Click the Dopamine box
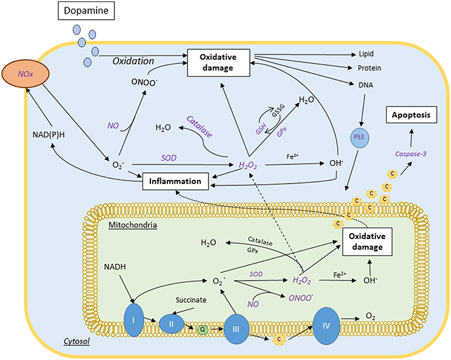pos(86,11)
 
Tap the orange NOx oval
pos(25,74)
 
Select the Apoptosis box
pos(412,115)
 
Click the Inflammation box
pos(176,181)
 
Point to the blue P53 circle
pos(359,138)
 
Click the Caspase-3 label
pos(411,154)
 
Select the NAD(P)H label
pos(48,135)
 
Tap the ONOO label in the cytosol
pos(144,83)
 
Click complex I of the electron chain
pos(133,320)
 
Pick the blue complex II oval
pos(172,324)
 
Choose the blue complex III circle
pos(236,329)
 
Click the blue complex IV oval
pos(326,326)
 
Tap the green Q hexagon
pos(203,329)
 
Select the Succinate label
pos(191,300)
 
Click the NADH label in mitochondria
pos(115,267)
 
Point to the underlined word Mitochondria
pos(133,225)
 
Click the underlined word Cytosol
pos(77,342)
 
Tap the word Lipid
pos(366,54)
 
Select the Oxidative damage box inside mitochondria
pos(367,241)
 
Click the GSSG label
pos(278,110)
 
